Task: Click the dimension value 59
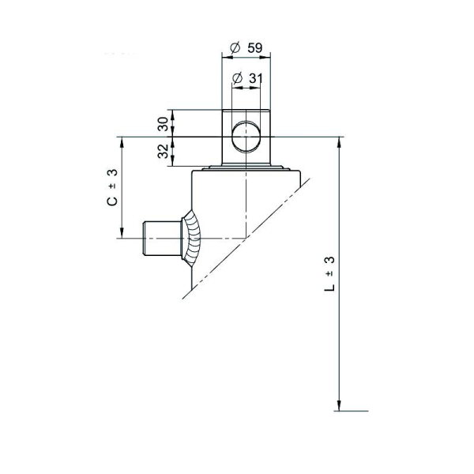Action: coord(255,47)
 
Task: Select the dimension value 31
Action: coord(256,78)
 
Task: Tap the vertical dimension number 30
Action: coord(164,124)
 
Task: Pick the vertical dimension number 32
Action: coord(164,151)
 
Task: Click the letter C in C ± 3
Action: coord(112,201)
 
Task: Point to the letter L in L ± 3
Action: coord(329,288)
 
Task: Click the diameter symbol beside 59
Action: coord(235,47)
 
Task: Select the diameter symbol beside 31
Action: coord(237,78)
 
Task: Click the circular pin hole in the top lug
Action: coord(246,137)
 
